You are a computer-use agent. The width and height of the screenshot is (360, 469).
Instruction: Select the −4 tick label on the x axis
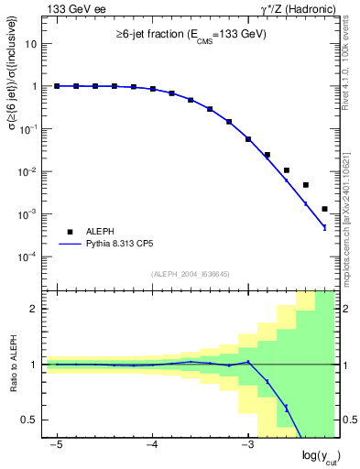[x=152, y=445]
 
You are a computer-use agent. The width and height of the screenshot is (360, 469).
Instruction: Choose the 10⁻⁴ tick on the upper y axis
[x=29, y=256]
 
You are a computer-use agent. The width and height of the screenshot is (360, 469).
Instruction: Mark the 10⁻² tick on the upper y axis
[x=29, y=171]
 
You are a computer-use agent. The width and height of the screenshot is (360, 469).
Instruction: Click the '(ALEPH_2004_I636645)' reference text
[x=189, y=274]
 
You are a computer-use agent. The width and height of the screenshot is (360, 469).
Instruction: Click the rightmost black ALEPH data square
[x=324, y=209]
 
